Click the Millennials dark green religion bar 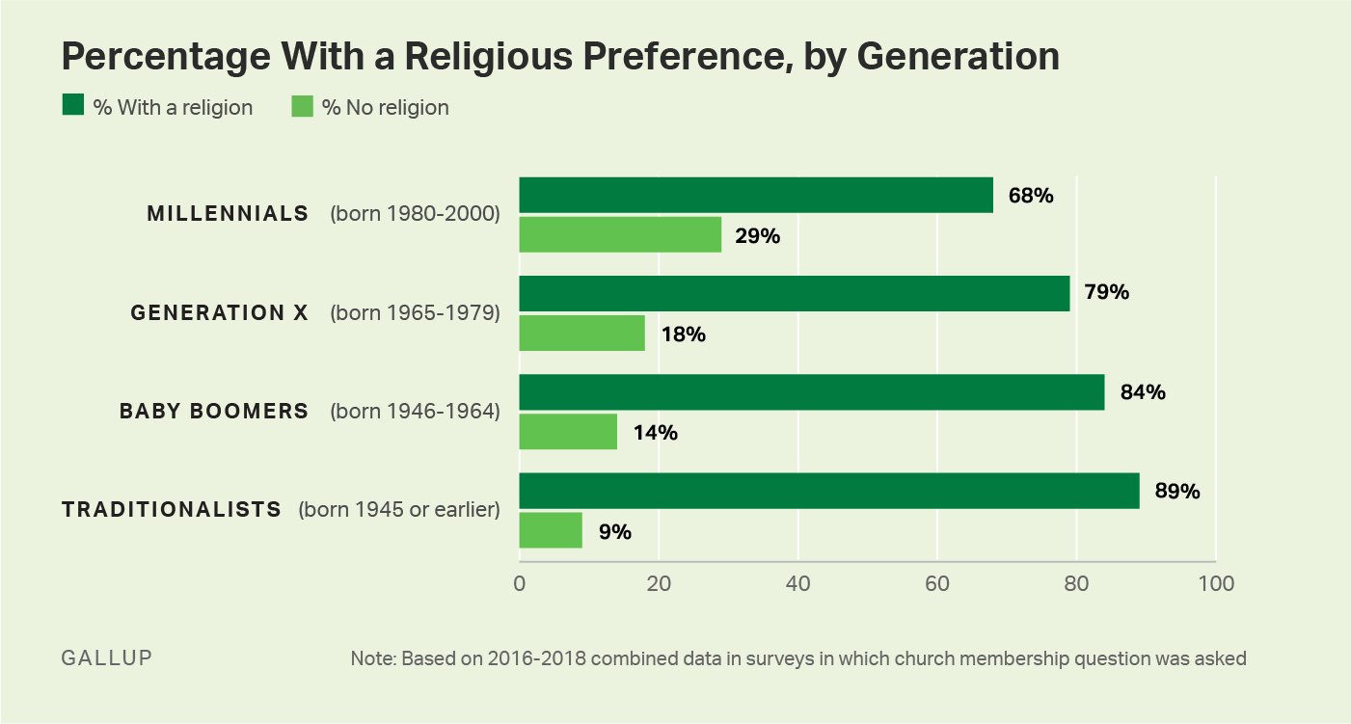[x=756, y=195]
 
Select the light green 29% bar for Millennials [x=620, y=234]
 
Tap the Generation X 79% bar [x=795, y=293]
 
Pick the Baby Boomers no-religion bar [x=568, y=431]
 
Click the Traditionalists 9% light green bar [x=551, y=530]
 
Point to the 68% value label [x=1032, y=196]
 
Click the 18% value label [x=683, y=335]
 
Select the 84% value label [x=1143, y=392]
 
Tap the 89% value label [x=1177, y=492]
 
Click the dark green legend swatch [x=72, y=106]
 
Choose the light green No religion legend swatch [x=302, y=106]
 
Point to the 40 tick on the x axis [x=797, y=583]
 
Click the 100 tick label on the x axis [x=1215, y=583]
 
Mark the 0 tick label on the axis [x=520, y=583]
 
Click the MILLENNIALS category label [x=228, y=214]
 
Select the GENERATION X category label [x=219, y=312]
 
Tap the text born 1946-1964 [x=415, y=412]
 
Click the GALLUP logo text [x=106, y=658]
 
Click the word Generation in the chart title [x=958, y=57]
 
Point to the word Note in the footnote [x=371, y=659]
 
